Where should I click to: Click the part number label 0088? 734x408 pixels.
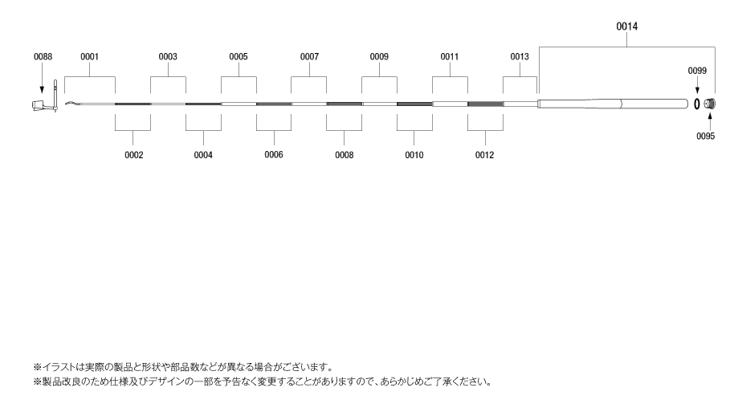pos(43,57)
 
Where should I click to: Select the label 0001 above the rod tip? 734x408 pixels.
pos(89,57)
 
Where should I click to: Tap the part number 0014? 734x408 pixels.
pos(627,27)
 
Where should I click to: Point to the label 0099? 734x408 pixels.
pos(697,71)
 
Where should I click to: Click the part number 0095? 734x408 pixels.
pos(705,137)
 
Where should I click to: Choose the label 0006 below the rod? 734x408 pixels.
pos(274,154)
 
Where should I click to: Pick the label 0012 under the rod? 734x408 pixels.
pos(484,155)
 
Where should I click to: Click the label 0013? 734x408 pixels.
pos(520,57)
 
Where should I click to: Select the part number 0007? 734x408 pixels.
pos(309,57)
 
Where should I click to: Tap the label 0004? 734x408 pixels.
pos(203,155)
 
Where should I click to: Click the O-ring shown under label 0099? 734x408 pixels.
pos(696,104)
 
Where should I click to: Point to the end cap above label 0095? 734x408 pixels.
pos(710,104)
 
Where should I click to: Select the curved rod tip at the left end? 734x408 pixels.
pos(72,103)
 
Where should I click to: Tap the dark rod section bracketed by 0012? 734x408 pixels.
pos(485,104)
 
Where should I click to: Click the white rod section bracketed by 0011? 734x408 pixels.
pos(450,104)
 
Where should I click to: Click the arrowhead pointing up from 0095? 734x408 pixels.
pos(710,115)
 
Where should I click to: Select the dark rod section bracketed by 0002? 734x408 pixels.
pos(133,104)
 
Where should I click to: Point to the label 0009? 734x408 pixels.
pos(379,57)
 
